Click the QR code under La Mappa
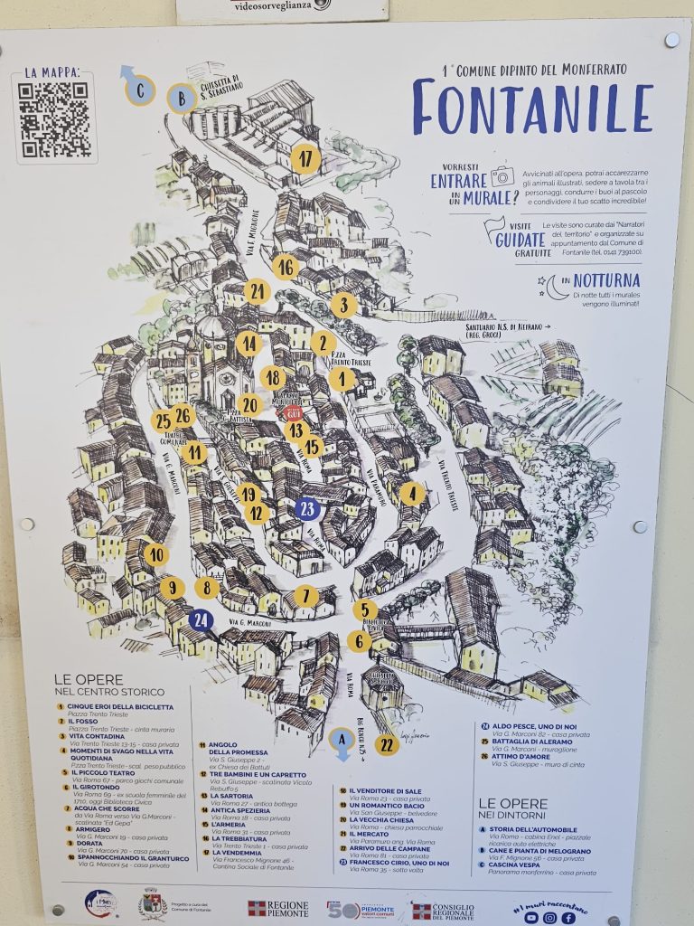[53, 118]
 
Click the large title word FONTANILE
[532, 108]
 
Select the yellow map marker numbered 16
[286, 268]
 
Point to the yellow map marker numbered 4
[412, 494]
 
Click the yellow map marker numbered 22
[387, 744]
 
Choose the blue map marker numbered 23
[307, 509]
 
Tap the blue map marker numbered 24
[202, 620]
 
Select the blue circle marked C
[140, 90]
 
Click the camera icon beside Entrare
[502, 175]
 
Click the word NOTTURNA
[606, 280]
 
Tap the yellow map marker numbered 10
[156, 554]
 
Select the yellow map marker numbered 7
[305, 596]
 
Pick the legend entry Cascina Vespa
[520, 864]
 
